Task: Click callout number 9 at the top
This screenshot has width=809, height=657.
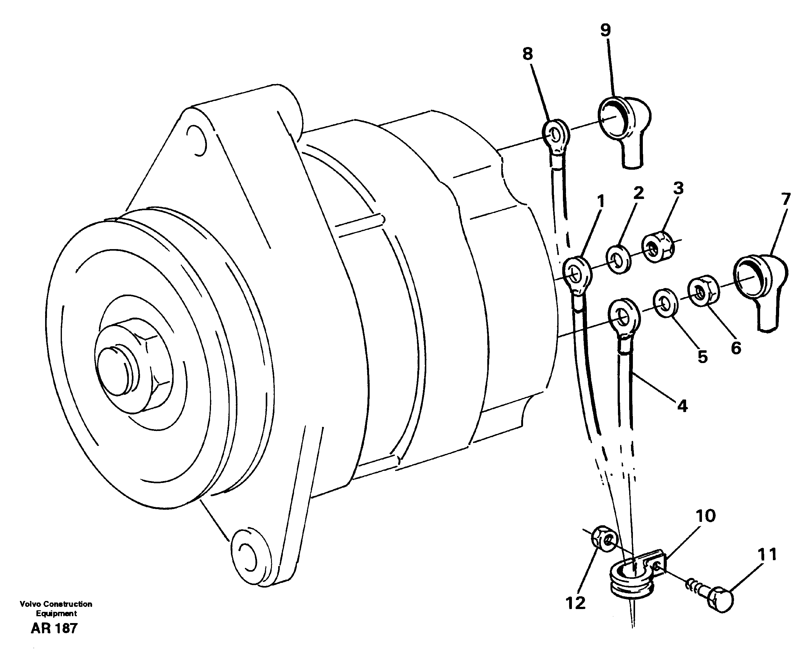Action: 605,30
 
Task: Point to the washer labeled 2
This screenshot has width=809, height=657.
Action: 619,260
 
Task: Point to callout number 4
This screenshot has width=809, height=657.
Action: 682,406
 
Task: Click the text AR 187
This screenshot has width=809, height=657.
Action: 54,629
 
